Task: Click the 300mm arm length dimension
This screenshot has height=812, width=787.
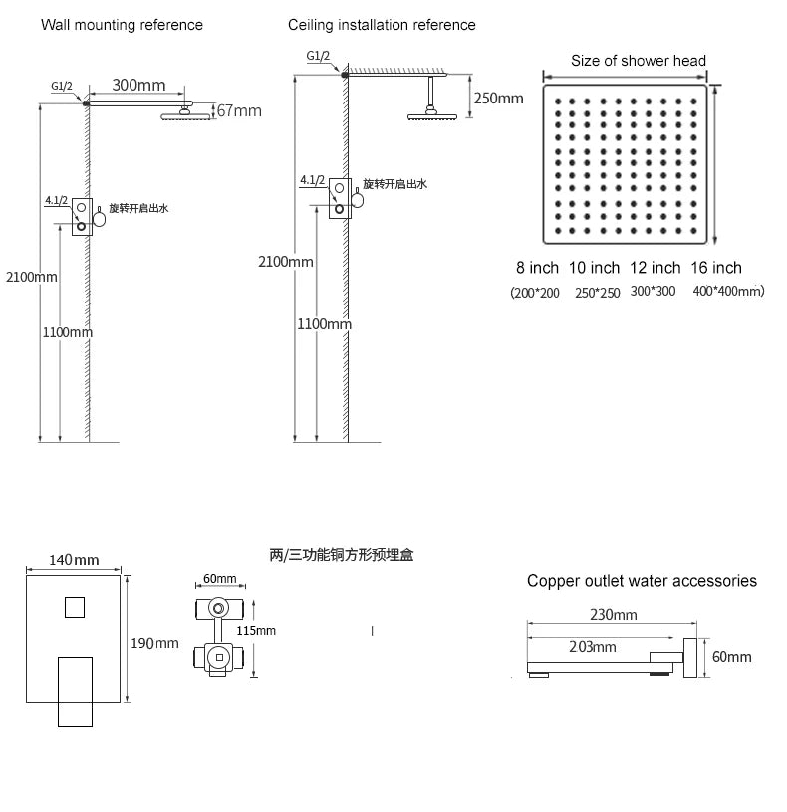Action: coord(138,85)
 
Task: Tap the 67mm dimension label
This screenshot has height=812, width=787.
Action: coord(239,110)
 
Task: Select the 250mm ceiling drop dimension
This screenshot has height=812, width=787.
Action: coord(499,99)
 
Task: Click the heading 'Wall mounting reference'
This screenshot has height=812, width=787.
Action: coord(122,25)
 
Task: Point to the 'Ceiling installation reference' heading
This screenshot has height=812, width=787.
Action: coord(382,25)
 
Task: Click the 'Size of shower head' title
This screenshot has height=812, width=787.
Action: coord(639,61)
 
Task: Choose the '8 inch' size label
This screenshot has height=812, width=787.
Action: coord(537,268)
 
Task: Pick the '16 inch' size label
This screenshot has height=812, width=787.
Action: coord(716,268)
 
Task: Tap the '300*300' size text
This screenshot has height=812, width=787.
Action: coord(653,291)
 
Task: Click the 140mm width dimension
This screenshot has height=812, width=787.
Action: coord(74,560)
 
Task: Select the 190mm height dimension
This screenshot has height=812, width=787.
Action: coord(154,643)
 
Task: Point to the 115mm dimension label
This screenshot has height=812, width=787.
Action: coord(256,631)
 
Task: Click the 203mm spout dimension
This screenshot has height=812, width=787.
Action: coord(593,647)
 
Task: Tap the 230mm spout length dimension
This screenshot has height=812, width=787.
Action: coord(614,615)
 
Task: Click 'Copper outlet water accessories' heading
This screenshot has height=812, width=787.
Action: coord(642,581)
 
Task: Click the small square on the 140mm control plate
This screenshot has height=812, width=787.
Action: coord(75,607)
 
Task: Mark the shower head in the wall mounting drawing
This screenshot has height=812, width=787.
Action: coord(185,115)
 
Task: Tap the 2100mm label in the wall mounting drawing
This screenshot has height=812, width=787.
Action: coord(32,277)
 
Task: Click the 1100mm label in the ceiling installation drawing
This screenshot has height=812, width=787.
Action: coord(324,324)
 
